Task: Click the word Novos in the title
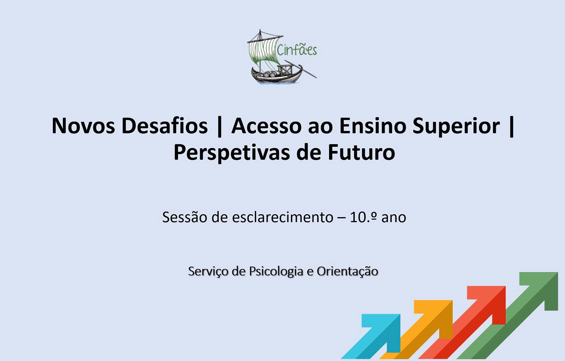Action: pos(83,126)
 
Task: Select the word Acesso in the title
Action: pos(267,126)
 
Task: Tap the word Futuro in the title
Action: pos(362,152)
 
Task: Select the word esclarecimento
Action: pos(282,217)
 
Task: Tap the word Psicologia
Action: pos(276,271)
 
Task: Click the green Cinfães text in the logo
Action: pos(297,49)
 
